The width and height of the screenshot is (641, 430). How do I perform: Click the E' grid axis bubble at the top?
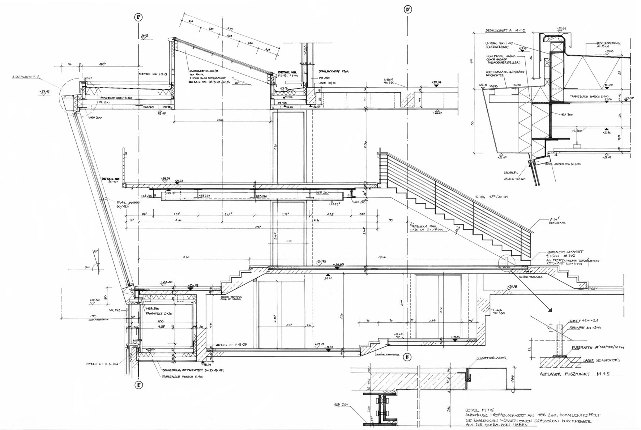tap(138, 18)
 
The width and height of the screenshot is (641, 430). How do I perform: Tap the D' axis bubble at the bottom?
tap(407, 357)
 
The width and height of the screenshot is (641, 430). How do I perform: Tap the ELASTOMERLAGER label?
tap(492, 358)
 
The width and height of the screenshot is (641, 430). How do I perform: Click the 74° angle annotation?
tap(87, 267)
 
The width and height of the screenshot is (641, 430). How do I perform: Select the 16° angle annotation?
tap(95, 251)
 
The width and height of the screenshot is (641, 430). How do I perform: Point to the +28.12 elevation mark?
tap(145, 36)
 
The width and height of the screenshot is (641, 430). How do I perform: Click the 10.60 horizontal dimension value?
tap(382, 257)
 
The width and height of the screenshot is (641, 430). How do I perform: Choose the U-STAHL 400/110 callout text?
tap(499, 44)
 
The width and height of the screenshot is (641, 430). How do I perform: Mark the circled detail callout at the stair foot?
tap(506, 263)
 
